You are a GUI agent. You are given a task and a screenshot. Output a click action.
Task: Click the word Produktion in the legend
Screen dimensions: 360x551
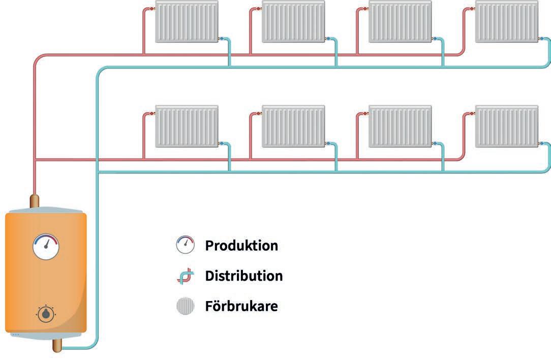(x=241, y=246)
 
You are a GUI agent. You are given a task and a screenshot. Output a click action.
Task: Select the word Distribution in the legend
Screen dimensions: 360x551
(x=243, y=276)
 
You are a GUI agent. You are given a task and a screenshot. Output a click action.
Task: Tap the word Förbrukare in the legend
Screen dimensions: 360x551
(x=241, y=307)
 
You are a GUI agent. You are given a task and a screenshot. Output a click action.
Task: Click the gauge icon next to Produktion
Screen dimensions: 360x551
(x=185, y=245)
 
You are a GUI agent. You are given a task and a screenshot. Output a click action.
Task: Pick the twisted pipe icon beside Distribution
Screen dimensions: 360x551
(x=185, y=276)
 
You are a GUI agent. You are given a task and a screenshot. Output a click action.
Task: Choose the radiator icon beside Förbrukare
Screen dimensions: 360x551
(x=185, y=307)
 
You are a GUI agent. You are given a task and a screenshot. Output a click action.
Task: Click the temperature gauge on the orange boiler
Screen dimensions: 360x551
(x=46, y=247)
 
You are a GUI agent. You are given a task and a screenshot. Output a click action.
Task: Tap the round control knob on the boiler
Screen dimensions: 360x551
(x=46, y=314)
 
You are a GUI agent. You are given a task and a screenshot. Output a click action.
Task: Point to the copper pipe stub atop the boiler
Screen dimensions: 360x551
(x=35, y=200)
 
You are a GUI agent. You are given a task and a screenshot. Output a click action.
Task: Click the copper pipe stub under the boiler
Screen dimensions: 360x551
(x=57, y=345)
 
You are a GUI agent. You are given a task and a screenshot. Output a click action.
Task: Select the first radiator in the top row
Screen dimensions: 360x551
(x=187, y=21)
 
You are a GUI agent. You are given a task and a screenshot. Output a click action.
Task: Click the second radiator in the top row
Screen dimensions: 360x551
(x=293, y=21)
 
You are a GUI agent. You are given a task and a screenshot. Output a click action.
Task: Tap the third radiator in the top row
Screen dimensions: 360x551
(x=400, y=21)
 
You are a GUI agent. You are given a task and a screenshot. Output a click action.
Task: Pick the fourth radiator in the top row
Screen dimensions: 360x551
(x=506, y=21)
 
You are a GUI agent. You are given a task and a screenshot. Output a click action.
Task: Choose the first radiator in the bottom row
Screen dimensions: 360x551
(x=187, y=126)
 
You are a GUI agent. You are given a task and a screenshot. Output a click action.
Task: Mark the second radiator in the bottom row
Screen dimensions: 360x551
(x=293, y=126)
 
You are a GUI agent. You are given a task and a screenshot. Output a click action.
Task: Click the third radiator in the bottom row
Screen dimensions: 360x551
(x=400, y=126)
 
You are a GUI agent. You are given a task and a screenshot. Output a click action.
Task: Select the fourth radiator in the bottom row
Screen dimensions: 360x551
(x=506, y=126)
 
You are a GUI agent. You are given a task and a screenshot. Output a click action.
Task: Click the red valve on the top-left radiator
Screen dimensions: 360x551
(x=152, y=9)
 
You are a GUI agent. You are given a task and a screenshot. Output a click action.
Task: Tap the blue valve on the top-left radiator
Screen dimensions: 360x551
(x=222, y=39)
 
